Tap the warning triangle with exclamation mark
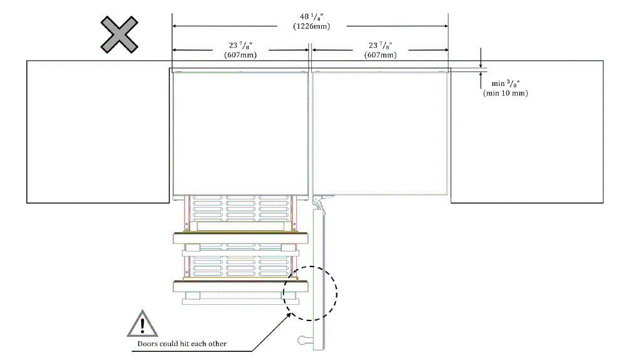(144, 324)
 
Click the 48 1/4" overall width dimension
(311, 16)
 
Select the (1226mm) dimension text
(311, 26)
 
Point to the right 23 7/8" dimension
(380, 45)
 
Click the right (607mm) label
(380, 55)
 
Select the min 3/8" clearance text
(505, 84)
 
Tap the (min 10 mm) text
(505, 93)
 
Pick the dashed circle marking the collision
(310, 292)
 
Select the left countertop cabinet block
(97, 132)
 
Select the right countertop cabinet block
(527, 132)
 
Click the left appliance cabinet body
(239, 132)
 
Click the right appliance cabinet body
(380, 132)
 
